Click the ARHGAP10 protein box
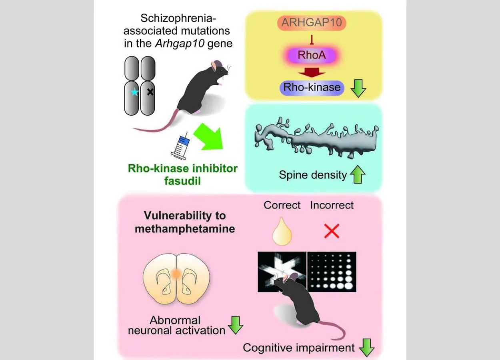tap(312, 22)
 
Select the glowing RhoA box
tap(312, 54)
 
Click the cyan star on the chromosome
tap(135, 92)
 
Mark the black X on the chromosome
tap(150, 92)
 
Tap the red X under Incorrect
tap(332, 231)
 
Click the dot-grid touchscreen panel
tap(331, 271)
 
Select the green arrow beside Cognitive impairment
tap(366, 348)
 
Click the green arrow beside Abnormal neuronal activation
tap(236, 325)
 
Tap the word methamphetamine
tap(184, 229)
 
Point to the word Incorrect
tap(332, 205)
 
